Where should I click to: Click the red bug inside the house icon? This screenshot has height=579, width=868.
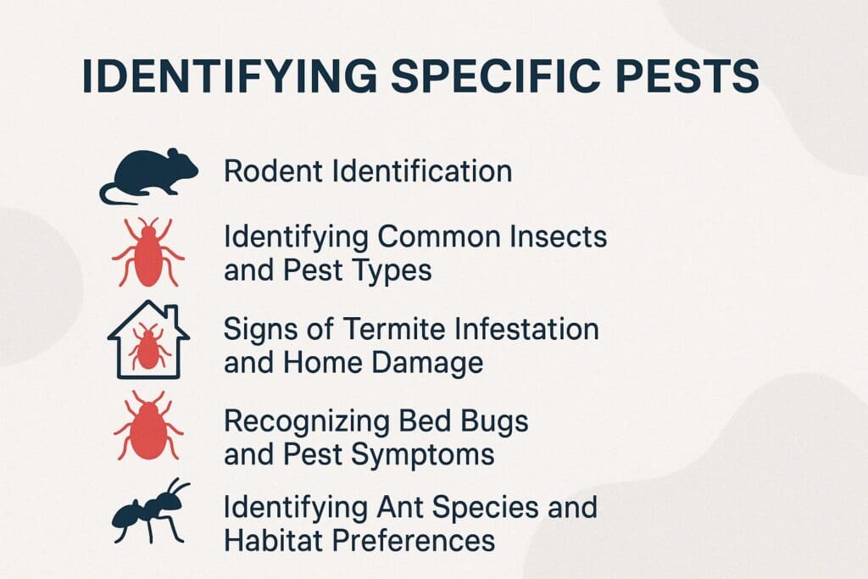coord(148,348)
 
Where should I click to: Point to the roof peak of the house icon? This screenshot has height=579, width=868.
coord(148,303)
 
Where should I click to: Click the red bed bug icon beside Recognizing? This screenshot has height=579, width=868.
coord(148,426)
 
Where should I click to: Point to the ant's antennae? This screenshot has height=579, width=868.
coord(179,486)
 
